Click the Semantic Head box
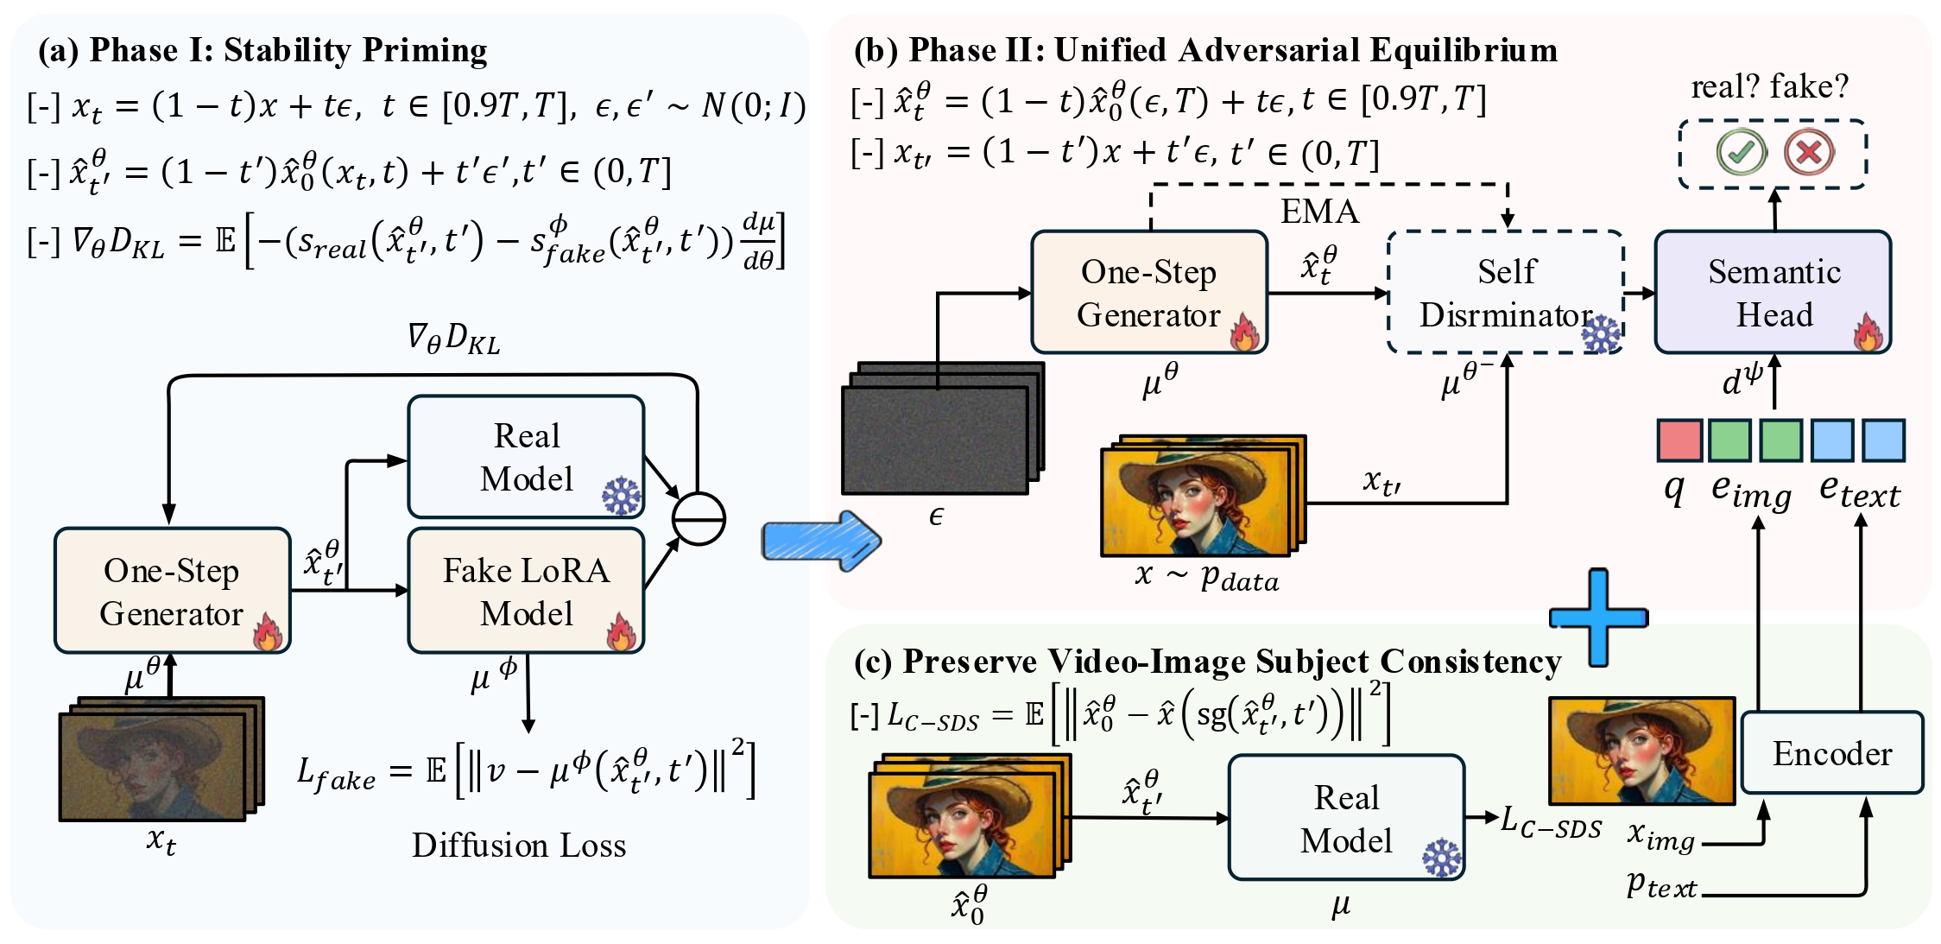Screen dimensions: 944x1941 (x=1773, y=292)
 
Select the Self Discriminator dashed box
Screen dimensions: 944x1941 (x=1506, y=292)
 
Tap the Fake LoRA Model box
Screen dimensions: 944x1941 (x=526, y=591)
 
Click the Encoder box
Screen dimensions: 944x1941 (x=1832, y=753)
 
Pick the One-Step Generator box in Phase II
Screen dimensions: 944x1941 (x=1148, y=292)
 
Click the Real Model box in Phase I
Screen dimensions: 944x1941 (x=526, y=456)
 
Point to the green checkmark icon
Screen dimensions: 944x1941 (x=1741, y=153)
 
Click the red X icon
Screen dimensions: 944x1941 (x=1808, y=153)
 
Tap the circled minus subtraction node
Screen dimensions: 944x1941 (x=699, y=518)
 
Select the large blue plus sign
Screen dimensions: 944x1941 (x=1598, y=618)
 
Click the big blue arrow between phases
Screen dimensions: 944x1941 (x=820, y=542)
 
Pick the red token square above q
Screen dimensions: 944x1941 (x=1679, y=440)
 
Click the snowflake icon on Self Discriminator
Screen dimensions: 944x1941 (x=1602, y=334)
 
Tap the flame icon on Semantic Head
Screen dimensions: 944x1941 (x=1868, y=333)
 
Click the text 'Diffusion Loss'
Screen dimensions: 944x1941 (x=519, y=846)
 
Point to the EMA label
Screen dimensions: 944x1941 (x=1319, y=212)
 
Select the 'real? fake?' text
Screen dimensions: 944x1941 (x=1769, y=86)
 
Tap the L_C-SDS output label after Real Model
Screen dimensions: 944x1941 (x=1551, y=821)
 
